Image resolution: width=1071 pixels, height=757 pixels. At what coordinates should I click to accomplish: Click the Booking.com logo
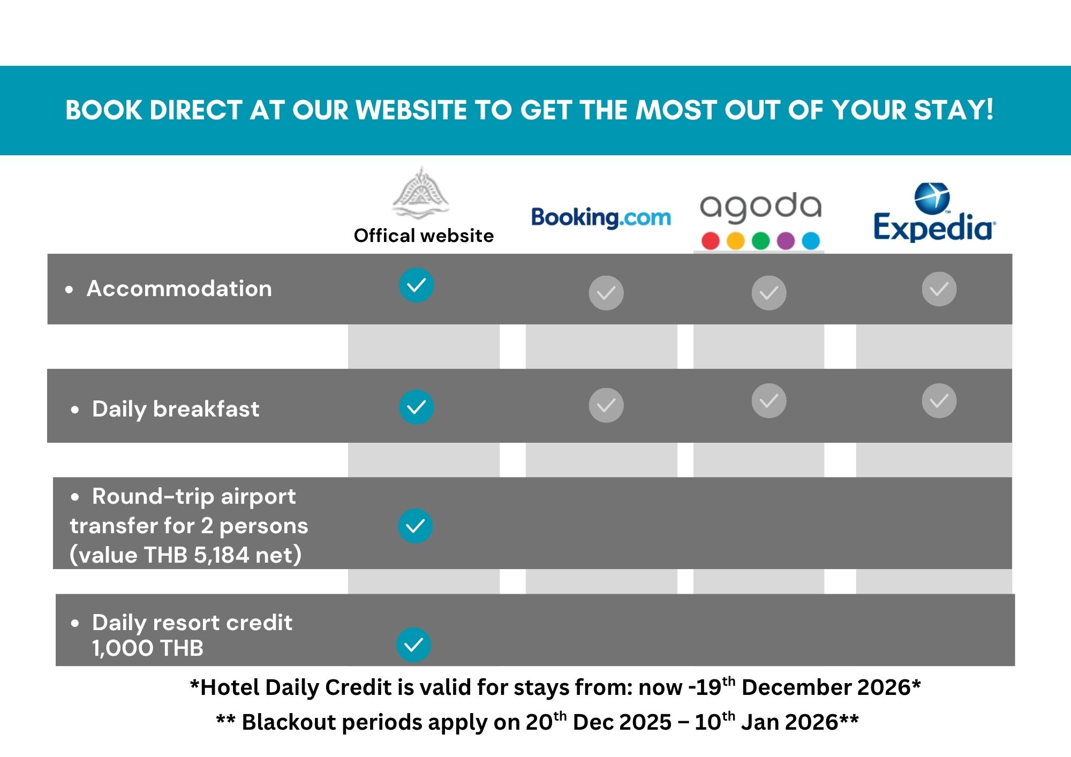coord(601,218)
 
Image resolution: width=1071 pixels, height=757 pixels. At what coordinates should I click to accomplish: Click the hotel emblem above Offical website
coord(421,193)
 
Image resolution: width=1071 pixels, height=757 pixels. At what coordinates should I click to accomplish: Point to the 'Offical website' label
coord(424,236)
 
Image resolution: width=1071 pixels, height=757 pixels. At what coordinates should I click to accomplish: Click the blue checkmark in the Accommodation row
coord(416,285)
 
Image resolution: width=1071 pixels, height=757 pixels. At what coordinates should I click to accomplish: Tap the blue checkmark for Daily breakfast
coord(416,407)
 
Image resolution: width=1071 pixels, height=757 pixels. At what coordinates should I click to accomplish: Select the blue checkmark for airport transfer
coord(415,526)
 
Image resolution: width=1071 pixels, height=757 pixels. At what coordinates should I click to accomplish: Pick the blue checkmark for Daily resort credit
coord(413,645)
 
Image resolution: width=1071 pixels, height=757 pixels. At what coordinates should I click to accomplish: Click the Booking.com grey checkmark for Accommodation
coord(606,293)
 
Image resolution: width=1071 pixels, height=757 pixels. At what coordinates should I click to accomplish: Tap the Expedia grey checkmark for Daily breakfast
coord(939,400)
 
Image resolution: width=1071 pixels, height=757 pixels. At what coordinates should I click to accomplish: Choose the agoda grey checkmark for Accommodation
coord(769,293)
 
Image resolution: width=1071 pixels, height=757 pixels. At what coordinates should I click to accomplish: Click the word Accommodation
coord(179,289)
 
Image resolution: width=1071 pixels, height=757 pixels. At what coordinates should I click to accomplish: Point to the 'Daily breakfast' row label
coord(176,410)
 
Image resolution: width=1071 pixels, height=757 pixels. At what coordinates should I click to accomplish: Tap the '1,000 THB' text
coord(148,648)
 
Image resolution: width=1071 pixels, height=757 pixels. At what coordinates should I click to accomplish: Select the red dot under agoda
coord(711,241)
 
